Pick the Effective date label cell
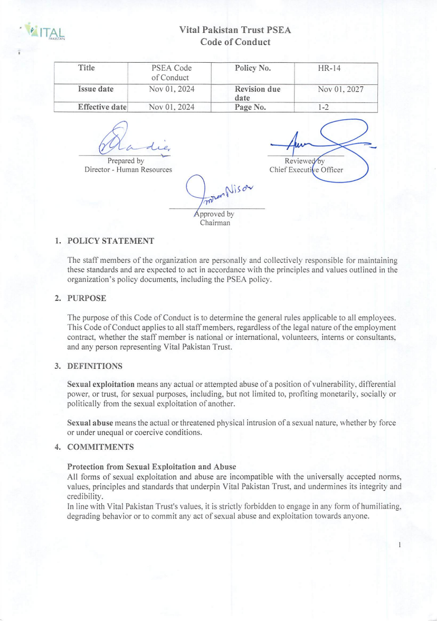click(102, 107)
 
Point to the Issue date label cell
click(96, 89)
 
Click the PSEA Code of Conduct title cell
click(171, 73)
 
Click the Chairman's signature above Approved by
click(211, 193)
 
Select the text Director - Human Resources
click(128, 170)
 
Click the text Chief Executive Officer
click(306, 170)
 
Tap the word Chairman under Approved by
click(214, 223)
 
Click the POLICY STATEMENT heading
click(111, 241)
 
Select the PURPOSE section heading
click(87, 299)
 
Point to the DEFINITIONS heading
click(95, 366)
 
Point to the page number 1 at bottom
click(401, 544)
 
